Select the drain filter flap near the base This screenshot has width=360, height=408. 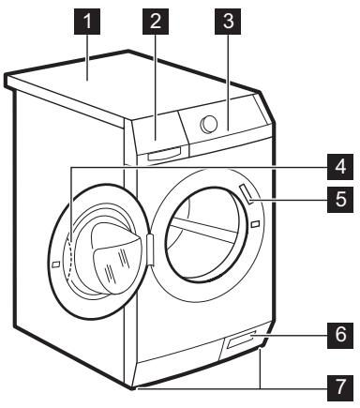pos(238,349)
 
